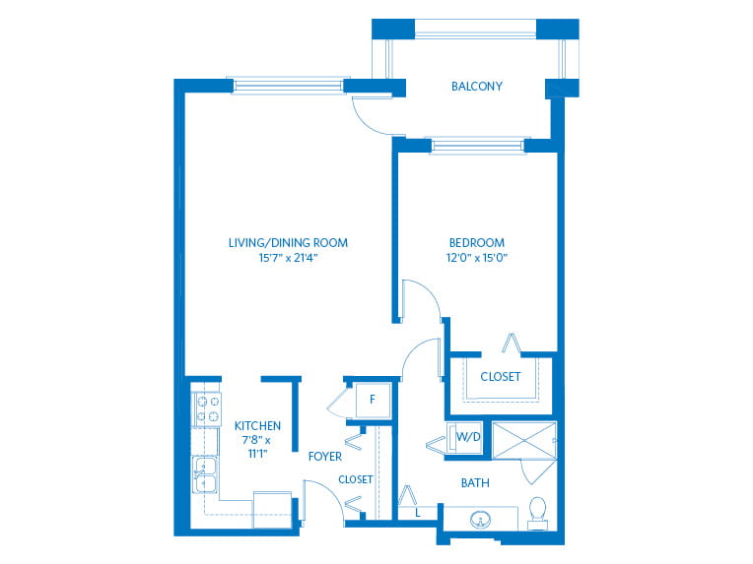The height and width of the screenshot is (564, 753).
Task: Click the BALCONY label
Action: point(477,87)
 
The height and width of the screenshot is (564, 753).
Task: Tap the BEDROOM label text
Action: point(477,243)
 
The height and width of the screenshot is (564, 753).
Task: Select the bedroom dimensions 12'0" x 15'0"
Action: point(477,259)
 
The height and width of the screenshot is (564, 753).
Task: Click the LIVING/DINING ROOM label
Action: point(288,243)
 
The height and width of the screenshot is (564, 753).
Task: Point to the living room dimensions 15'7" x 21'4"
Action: point(288,259)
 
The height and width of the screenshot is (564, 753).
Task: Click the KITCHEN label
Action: point(257,426)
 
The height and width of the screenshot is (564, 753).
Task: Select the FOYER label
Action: point(325,457)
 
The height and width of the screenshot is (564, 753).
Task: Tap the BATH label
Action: point(475,483)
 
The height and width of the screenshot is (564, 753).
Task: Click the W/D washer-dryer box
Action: point(466,436)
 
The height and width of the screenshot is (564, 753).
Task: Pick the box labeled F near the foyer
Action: point(372,400)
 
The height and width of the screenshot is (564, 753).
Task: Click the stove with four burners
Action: point(207,409)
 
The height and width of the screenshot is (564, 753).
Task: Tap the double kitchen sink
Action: point(206,474)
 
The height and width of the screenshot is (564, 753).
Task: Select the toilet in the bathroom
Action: point(538,511)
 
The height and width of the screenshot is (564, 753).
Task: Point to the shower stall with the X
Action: point(523,439)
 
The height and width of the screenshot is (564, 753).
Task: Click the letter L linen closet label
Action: point(418,513)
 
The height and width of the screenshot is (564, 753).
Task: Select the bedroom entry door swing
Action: point(418,297)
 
